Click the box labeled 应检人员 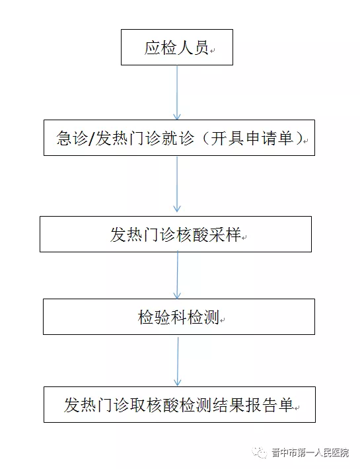[177, 47]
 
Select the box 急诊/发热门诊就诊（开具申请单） [180, 137]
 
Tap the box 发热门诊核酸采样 [176, 234]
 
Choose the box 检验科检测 [179, 316]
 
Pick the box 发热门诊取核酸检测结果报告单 [180, 404]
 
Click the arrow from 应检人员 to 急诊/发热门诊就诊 [177, 92]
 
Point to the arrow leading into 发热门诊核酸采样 [177, 184]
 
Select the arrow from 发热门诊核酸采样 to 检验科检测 [177, 275]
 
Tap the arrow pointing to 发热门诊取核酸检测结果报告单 [178, 361]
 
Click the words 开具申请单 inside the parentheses [252, 139]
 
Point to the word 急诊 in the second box [73, 139]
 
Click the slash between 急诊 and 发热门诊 [92, 139]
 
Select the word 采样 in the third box [225, 234]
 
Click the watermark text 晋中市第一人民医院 [310, 452]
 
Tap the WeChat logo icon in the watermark [259, 452]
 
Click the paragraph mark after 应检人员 [212, 51]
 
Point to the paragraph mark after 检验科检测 [222, 320]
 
